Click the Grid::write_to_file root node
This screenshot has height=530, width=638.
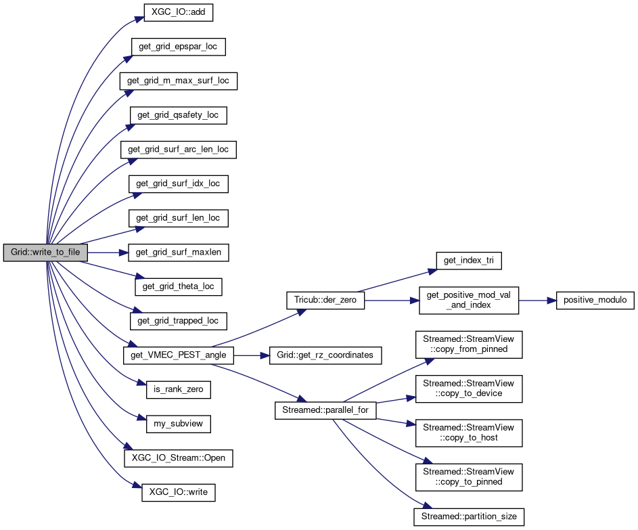[x=45, y=252]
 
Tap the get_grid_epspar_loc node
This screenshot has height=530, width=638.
[x=178, y=47]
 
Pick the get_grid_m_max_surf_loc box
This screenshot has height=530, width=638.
[x=179, y=81]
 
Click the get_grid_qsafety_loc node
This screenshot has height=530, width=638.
[x=178, y=115]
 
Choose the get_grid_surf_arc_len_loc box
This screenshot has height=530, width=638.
[x=179, y=149]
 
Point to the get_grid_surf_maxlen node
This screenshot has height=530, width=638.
[x=179, y=252]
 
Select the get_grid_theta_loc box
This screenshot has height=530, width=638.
[x=179, y=286]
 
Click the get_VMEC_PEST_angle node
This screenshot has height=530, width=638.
[x=179, y=355]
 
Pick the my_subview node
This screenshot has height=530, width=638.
[x=179, y=424]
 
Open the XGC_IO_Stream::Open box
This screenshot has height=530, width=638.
[x=179, y=458]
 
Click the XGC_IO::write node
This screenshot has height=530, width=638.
[x=179, y=493]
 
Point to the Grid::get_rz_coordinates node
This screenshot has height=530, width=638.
[x=325, y=355]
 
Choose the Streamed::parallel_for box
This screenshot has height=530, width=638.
[x=325, y=410]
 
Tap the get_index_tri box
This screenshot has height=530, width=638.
[x=468, y=259]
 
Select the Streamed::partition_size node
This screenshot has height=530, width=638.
[x=468, y=516]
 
